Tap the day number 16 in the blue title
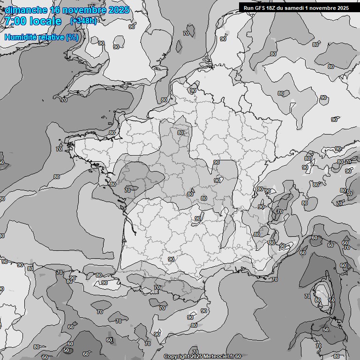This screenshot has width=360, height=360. [55, 10]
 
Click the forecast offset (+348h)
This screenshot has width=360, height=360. [83, 21]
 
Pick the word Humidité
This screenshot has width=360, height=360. [20, 37]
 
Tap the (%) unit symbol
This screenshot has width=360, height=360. [72, 37]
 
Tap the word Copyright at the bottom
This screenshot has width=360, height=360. [177, 357]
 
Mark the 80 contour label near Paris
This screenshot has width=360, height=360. [180, 133]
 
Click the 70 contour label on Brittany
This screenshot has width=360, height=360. [59, 149]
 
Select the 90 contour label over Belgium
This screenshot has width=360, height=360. [193, 90]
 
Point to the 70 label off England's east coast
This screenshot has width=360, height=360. [186, 33]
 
